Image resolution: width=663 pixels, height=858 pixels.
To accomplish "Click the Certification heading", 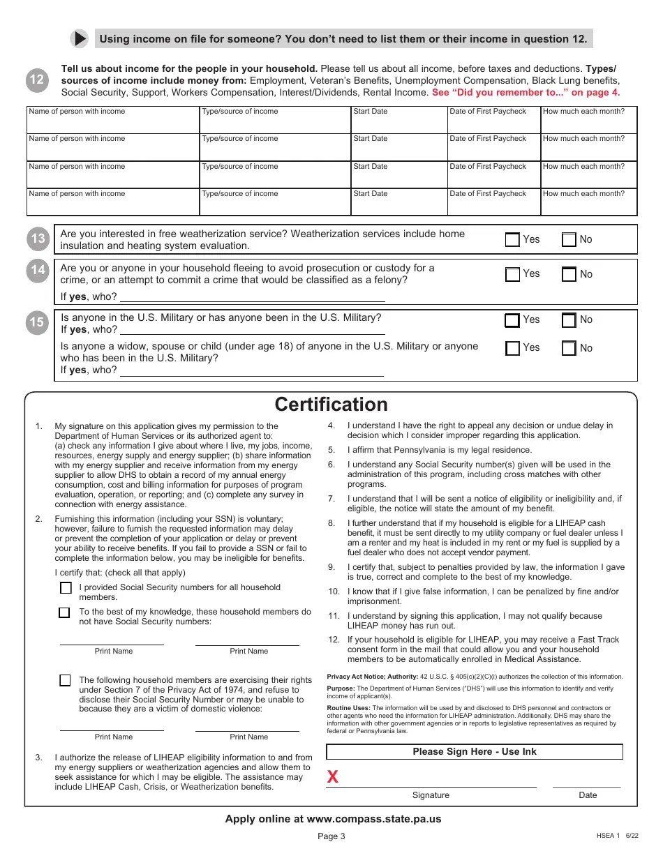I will [331, 405].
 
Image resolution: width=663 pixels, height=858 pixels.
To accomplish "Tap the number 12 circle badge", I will [37, 80].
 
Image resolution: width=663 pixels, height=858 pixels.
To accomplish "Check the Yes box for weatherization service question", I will [512, 240].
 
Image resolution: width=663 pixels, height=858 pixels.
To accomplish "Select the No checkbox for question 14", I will [569, 274].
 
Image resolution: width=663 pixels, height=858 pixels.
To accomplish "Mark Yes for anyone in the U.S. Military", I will [512, 320].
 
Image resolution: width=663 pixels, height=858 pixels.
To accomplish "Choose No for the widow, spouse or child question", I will [569, 348].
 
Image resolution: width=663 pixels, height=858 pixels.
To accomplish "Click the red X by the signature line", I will [333, 777].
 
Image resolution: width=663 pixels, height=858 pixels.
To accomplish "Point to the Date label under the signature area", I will [588, 795].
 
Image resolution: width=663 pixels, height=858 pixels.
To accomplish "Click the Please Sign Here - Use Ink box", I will [475, 752].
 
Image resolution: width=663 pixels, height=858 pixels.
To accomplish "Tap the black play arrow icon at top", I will [80, 38].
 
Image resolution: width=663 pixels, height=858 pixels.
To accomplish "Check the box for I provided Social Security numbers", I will [66, 588].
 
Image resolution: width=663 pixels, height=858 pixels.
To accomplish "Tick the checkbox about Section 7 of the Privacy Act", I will [66, 680].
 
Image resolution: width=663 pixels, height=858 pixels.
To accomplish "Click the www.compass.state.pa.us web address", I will [373, 819].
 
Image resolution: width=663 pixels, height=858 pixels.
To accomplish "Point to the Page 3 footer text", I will [331, 837].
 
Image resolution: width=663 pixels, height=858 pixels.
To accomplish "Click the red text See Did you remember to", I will [525, 92].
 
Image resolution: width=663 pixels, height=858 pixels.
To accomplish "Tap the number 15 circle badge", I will [37, 322].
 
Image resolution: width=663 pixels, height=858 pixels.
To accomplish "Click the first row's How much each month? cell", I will [588, 120].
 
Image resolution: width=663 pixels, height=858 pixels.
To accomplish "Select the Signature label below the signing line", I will [431, 795].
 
